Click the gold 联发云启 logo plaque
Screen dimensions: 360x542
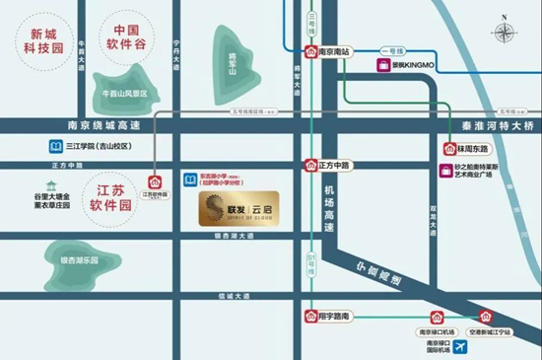237,209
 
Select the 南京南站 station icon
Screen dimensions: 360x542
311,53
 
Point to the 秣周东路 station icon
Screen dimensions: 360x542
448,148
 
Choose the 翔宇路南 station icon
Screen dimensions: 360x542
310,317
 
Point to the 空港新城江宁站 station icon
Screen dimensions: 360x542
485,317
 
